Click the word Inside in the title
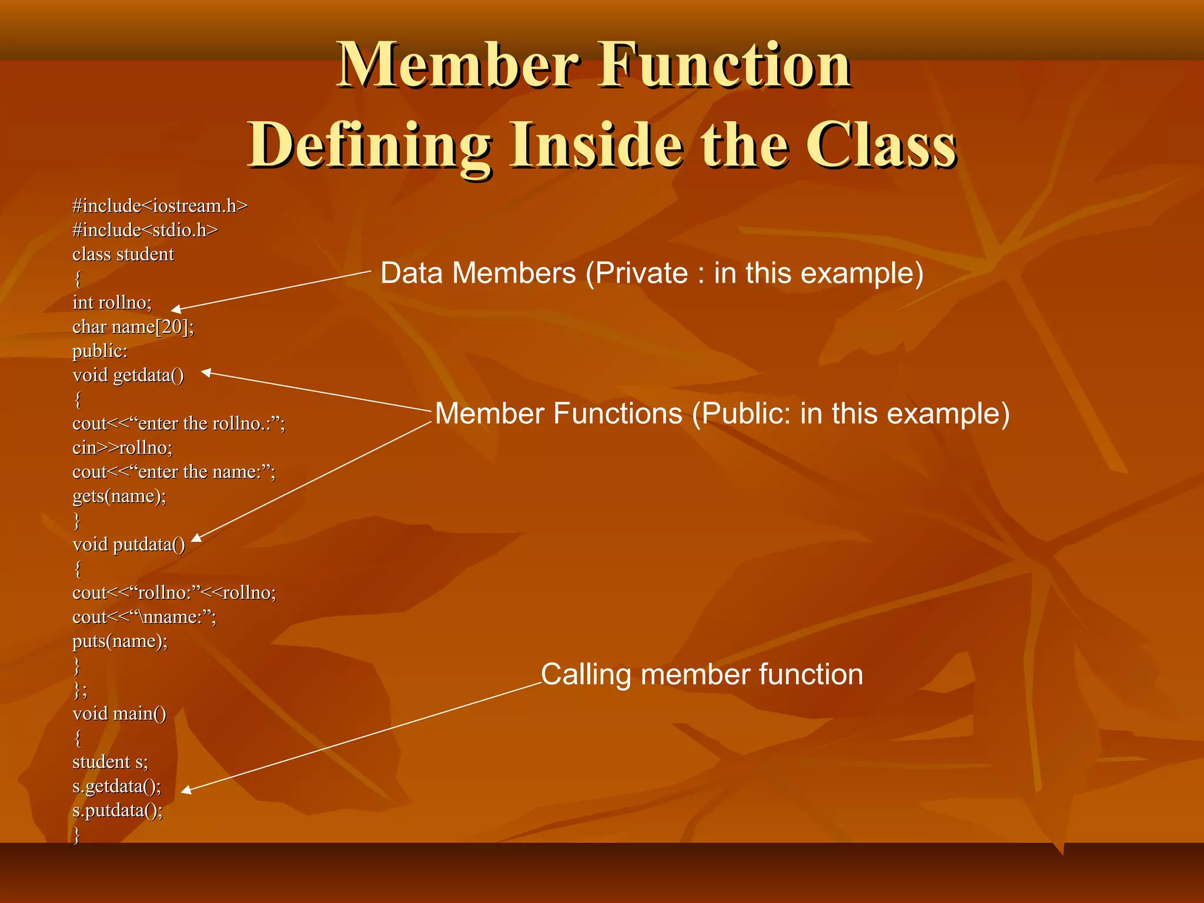pyautogui.click(x=596, y=145)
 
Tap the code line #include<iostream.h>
pyautogui.click(x=160, y=206)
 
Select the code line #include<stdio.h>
pyautogui.click(x=145, y=230)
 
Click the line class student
pyautogui.click(x=123, y=255)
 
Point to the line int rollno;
pyautogui.click(x=112, y=303)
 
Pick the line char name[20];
pyautogui.click(x=133, y=327)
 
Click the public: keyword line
pyautogui.click(x=99, y=351)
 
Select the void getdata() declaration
pyautogui.click(x=128, y=375)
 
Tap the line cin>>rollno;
pyautogui.click(x=122, y=448)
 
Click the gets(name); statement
pyautogui.click(x=119, y=496)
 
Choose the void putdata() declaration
pyautogui.click(x=128, y=544)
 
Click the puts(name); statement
pyautogui.click(x=119, y=641)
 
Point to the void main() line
pyautogui.click(x=119, y=714)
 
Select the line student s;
pyautogui.click(x=110, y=762)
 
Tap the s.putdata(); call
pyautogui.click(x=117, y=811)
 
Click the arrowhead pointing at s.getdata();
pyautogui.click(x=186, y=790)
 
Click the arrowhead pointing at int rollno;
pyautogui.click(x=176, y=309)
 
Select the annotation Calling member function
pyautogui.click(x=701, y=674)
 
